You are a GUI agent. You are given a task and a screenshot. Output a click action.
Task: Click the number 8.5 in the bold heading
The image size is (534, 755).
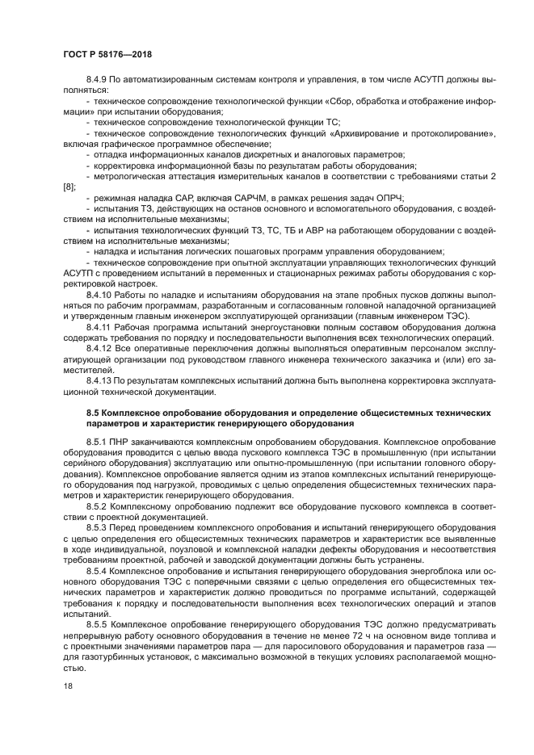point(93,412)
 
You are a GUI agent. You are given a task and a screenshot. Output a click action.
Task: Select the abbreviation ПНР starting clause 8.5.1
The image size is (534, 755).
point(124,443)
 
